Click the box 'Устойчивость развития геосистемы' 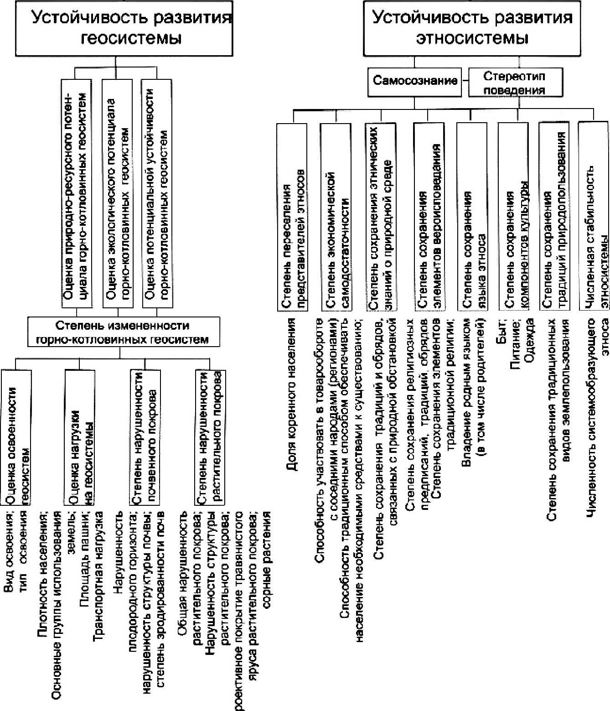(x=124, y=28)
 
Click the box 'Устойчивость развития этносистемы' (x=472, y=28)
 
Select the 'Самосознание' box (x=415, y=82)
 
